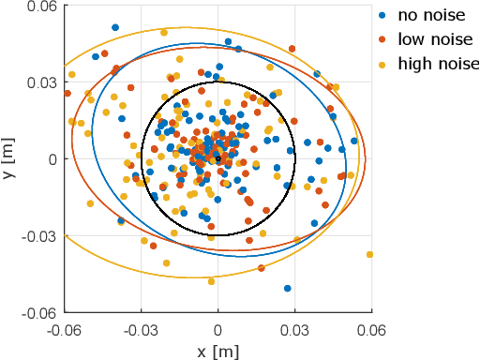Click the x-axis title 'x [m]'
point(218,350)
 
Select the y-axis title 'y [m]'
point(9,158)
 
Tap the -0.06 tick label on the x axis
point(64,329)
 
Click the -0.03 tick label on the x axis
point(141,329)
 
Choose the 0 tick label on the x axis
point(218,329)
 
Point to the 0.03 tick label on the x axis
point(295,329)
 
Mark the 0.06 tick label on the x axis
point(372,329)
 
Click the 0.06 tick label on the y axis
point(43,7)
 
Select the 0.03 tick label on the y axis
point(43,82)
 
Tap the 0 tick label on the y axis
point(52,159)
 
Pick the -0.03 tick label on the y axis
point(40,235)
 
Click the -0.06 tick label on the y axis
point(40,311)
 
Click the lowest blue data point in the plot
point(287,288)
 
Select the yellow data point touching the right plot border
point(369,254)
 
